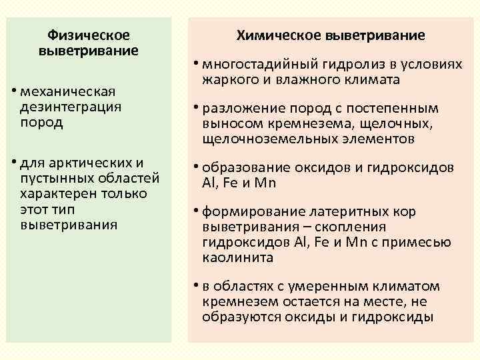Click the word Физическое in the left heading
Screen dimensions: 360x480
[89, 35]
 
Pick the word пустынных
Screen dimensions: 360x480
[53, 179]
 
